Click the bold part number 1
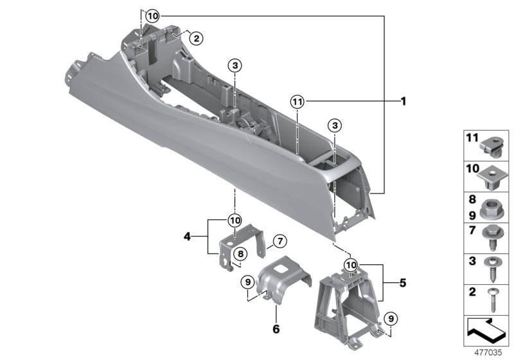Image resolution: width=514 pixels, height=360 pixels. tap(403, 102)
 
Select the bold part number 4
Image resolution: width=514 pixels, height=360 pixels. tap(187, 237)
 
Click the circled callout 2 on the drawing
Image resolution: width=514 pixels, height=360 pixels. tap(196, 38)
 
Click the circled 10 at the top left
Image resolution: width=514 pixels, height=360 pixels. tap(150, 15)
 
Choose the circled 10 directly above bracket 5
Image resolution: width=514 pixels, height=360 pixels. tap(350, 265)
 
